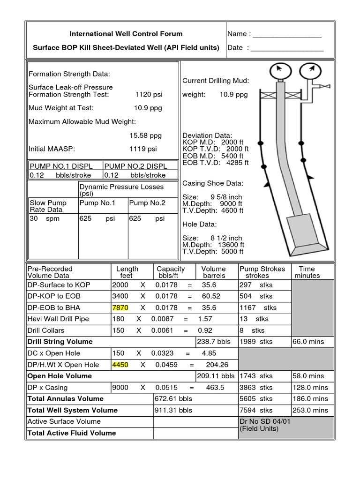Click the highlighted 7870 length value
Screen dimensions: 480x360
click(x=120, y=307)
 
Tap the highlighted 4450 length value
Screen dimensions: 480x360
click(x=120, y=365)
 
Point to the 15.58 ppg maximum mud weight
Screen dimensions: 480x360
click(x=145, y=135)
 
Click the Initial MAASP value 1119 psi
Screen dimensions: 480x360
click(x=143, y=149)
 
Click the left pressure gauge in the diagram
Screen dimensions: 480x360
click(x=279, y=72)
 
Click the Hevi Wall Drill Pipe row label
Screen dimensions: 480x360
click(x=58, y=319)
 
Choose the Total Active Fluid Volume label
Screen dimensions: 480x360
click(x=71, y=433)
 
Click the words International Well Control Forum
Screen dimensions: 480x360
click(x=126, y=34)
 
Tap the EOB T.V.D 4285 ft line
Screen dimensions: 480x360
click(x=216, y=163)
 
